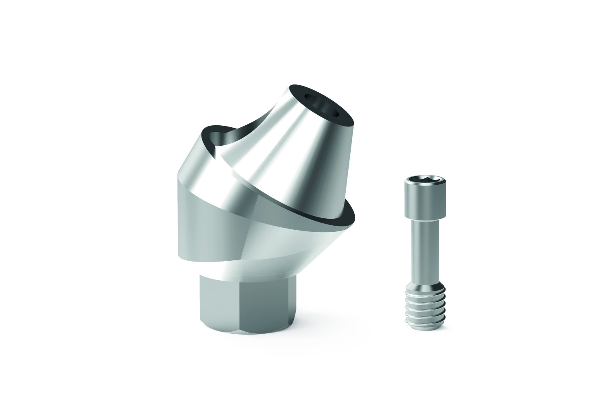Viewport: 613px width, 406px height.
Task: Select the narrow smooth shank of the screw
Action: tap(420, 245)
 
